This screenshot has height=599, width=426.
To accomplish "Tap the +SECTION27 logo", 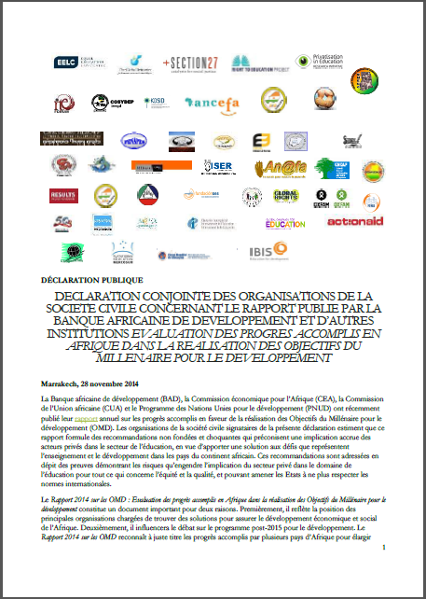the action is (x=189, y=62).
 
